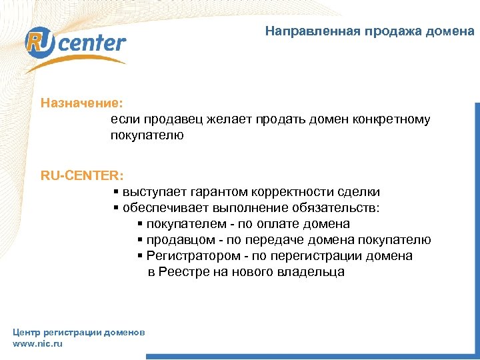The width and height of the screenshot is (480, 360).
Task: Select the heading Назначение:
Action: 81,103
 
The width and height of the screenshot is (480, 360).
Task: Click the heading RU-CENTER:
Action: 81,176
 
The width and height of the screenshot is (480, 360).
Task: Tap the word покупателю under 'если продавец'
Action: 147,136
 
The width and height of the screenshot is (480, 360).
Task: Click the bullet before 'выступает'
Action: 116,193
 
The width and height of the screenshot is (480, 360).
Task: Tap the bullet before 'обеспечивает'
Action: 116,209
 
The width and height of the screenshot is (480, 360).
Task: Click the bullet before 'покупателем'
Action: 140,225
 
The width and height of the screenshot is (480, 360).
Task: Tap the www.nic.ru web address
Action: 38,343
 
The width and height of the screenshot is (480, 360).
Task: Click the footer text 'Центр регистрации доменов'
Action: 79,332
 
